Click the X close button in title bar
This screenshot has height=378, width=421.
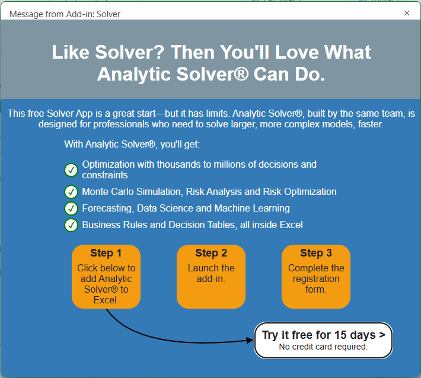tap(406, 12)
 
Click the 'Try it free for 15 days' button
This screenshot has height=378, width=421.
tap(323, 340)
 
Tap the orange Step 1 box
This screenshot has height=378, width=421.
tap(106, 277)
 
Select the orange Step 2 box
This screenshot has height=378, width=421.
tap(211, 277)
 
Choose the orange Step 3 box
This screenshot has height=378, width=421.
tap(316, 277)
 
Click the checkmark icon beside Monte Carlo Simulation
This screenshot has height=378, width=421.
tap(71, 192)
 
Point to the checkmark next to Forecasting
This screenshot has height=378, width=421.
tap(71, 209)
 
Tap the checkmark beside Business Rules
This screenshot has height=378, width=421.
tap(71, 225)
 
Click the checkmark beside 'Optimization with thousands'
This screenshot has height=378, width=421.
tap(71, 171)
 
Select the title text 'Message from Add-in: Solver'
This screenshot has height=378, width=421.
tap(65, 13)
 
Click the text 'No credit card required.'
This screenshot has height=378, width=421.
tap(323, 347)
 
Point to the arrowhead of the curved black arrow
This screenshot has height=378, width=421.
tap(250, 340)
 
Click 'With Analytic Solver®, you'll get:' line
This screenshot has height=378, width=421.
tap(132, 144)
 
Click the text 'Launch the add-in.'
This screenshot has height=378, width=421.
tap(211, 273)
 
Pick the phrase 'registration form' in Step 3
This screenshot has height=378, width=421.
tap(316, 284)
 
